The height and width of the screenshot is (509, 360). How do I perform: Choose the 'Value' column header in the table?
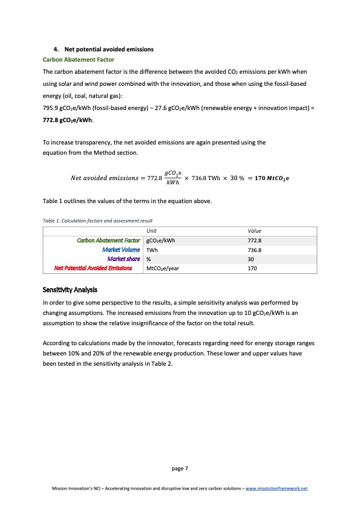[256, 231]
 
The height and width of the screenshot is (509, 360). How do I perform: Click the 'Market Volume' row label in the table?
[122, 250]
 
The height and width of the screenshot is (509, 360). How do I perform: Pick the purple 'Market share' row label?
[123, 259]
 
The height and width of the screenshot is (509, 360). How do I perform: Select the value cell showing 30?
[252, 259]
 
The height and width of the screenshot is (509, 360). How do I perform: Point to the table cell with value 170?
[253, 268]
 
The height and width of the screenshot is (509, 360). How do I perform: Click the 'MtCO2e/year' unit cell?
[162, 268]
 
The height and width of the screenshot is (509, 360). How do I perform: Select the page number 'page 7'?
[180, 467]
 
